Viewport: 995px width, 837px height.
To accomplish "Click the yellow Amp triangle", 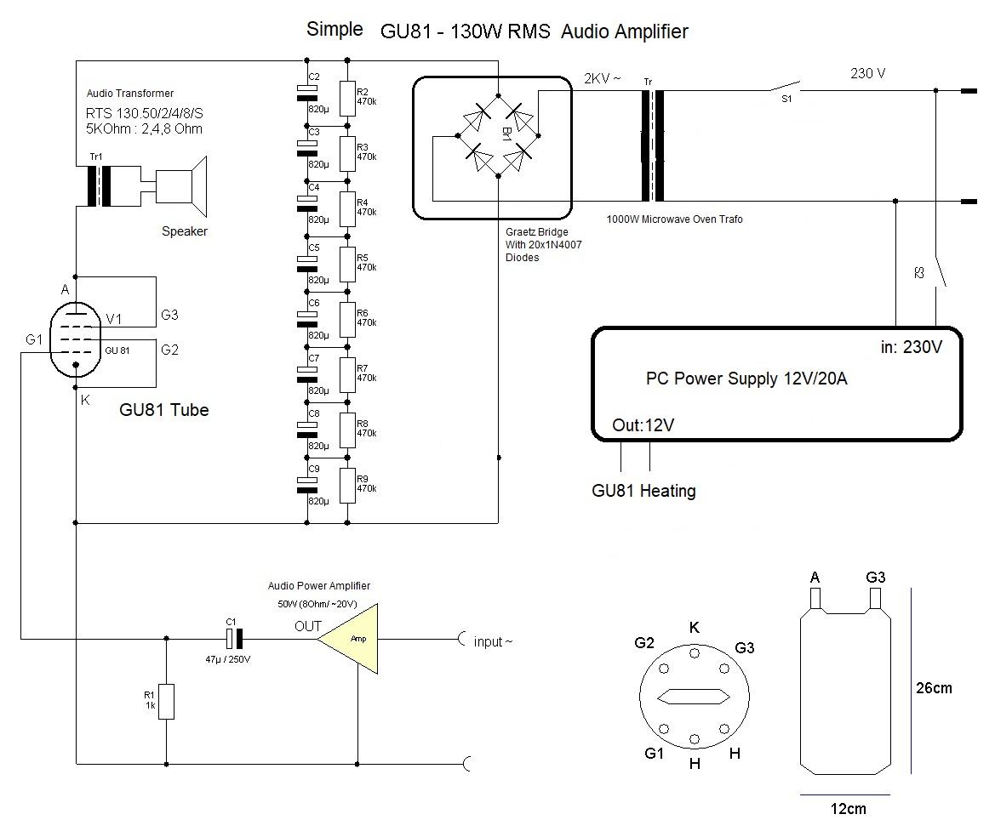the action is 353,638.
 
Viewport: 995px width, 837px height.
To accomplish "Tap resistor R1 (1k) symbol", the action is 166,701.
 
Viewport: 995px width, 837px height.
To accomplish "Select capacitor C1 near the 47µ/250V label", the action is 234,639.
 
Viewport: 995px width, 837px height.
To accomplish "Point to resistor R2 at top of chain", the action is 347,99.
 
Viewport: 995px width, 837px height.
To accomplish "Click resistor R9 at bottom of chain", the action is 347,486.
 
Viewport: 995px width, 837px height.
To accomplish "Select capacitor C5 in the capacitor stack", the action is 307,264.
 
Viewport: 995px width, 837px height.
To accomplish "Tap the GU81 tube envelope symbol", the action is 76,340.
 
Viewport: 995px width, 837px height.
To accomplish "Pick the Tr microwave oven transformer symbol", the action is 652,145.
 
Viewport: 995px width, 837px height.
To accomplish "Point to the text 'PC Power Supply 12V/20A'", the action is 746,379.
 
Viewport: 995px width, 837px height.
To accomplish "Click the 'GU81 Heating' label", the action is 643,491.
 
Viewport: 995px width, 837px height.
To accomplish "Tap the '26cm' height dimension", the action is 934,688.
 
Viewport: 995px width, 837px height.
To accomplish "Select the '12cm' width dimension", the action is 848,808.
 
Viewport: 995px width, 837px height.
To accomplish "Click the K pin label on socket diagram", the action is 695,628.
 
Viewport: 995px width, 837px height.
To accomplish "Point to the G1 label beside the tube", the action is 34,340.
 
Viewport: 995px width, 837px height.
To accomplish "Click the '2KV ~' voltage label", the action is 603,78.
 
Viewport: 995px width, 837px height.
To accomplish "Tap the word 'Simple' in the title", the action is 335,29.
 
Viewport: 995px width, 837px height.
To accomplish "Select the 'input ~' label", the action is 493,641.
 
